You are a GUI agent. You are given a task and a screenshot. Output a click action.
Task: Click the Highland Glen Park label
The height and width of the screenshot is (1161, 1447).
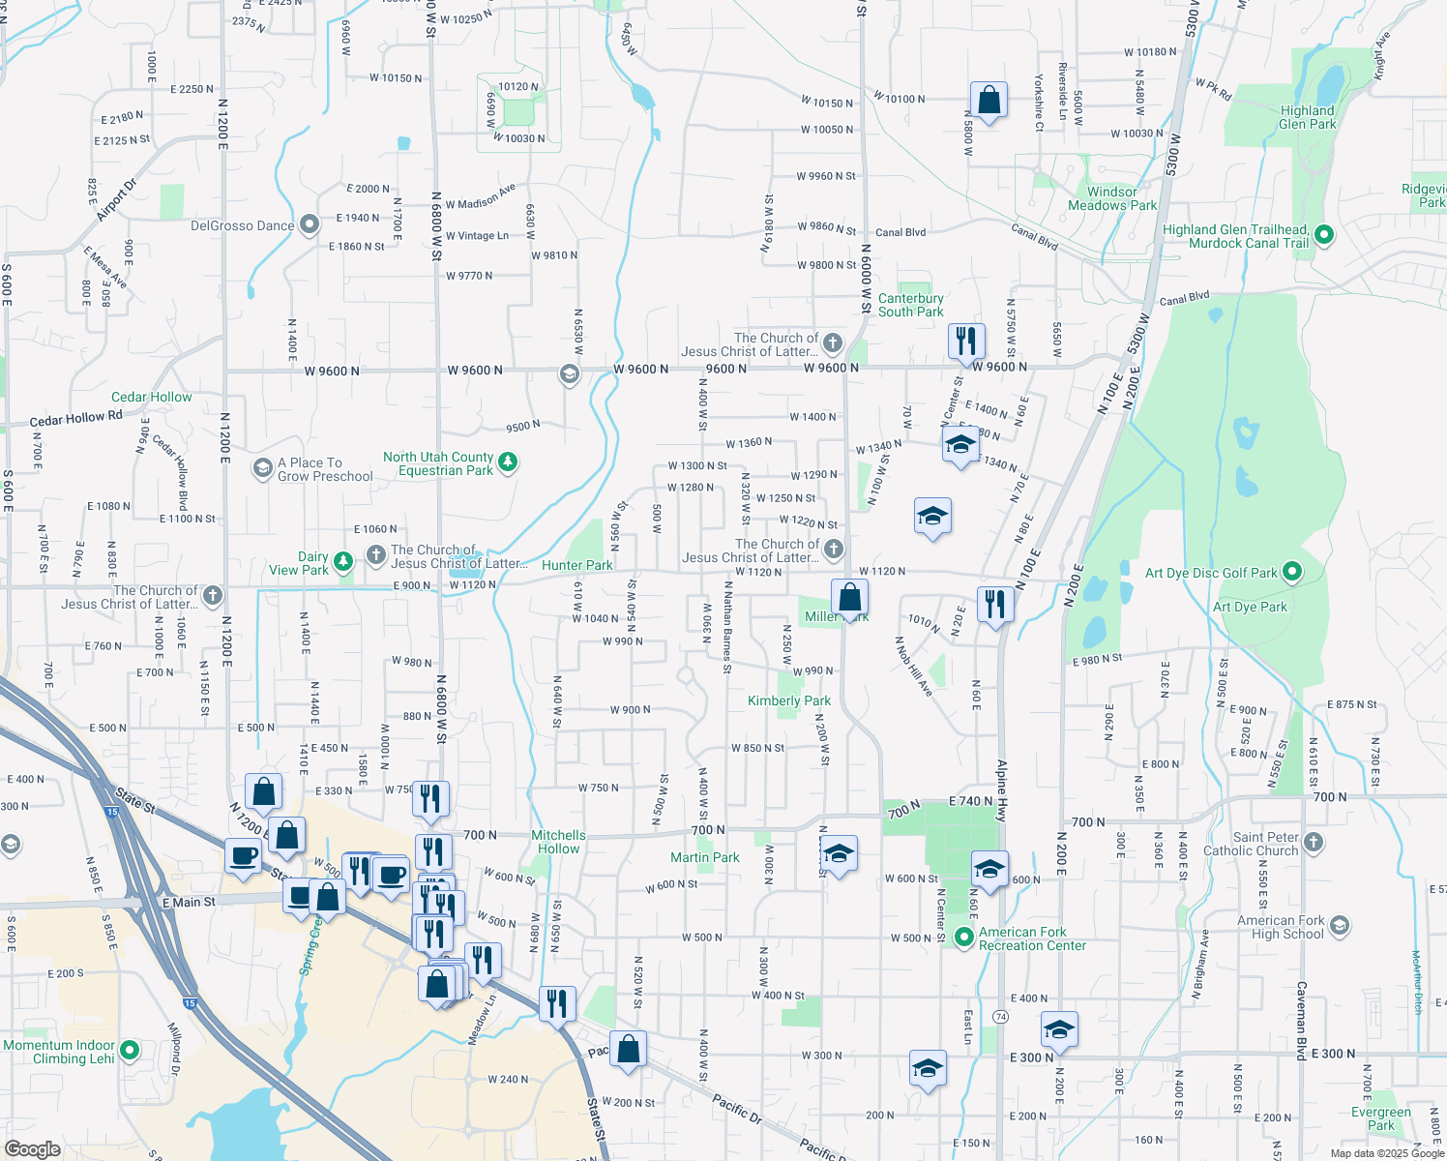coord(1307,117)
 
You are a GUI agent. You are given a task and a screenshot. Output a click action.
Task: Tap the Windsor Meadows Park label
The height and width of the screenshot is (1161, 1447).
coord(1112,198)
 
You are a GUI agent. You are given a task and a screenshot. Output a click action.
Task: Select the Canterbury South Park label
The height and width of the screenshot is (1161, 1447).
coord(910,305)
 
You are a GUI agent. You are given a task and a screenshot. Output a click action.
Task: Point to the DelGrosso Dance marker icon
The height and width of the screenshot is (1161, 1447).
coord(310,225)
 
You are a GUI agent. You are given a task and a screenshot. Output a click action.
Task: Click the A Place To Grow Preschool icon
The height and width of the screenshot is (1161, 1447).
coord(262,468)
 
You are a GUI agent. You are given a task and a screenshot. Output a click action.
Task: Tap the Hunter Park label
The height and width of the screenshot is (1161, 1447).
coord(576,565)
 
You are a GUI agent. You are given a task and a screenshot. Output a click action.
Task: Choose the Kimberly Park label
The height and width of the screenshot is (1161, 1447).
coord(788,700)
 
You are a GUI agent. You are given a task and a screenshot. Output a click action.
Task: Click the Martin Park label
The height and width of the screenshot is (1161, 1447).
coord(704,857)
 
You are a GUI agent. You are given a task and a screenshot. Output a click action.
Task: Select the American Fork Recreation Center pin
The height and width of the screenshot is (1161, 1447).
coord(963,937)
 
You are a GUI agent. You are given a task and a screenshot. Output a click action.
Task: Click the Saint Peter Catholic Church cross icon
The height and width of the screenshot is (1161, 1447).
coord(1313,842)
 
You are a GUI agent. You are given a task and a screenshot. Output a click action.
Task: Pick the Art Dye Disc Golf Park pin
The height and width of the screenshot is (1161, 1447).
coord(1292,572)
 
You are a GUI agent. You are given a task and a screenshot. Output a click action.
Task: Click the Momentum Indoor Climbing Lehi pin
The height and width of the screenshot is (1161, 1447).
coord(129,1050)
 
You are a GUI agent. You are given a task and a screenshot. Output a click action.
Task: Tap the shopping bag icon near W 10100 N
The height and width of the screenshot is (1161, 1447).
coord(989,100)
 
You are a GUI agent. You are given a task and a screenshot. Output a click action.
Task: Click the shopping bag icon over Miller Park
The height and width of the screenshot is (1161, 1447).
coord(848,598)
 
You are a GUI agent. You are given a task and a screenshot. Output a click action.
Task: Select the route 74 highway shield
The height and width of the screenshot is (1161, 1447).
coord(1000,1017)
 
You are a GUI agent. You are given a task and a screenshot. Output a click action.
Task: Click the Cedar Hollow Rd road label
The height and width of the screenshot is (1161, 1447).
coord(75,419)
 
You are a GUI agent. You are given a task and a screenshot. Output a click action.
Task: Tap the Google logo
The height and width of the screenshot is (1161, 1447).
coord(32,1148)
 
